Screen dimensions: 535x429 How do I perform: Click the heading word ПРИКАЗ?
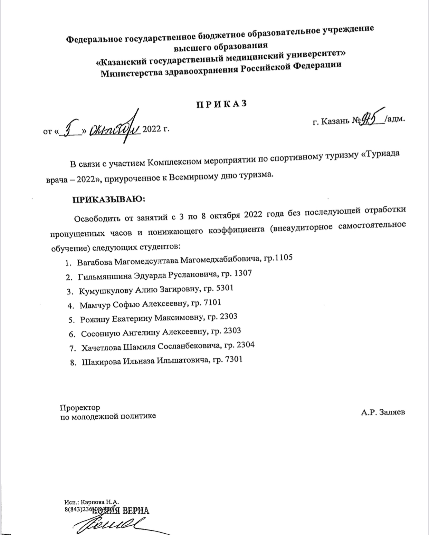point(221,104)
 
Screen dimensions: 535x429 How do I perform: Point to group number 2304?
point(244,345)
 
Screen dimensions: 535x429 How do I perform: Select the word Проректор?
point(80,408)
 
